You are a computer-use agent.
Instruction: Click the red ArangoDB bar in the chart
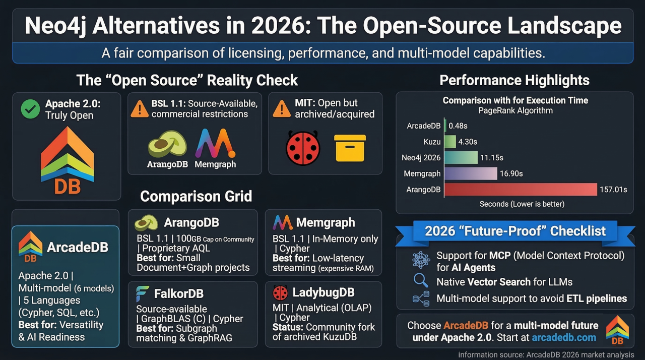(x=520, y=190)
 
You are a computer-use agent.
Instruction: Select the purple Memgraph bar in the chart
(x=471, y=173)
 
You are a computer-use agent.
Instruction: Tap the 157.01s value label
(x=613, y=190)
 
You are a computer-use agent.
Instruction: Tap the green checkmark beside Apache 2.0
(x=30, y=109)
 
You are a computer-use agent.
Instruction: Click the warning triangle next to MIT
(x=281, y=109)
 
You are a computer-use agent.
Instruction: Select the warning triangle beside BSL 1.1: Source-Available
(x=140, y=109)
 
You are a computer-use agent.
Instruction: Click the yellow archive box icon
(x=350, y=148)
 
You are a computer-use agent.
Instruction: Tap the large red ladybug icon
(x=303, y=148)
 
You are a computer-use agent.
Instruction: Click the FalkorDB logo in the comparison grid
(x=143, y=293)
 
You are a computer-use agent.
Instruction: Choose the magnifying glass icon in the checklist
(x=420, y=281)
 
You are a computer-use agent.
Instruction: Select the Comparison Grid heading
(x=196, y=196)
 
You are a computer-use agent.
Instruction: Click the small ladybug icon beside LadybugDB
(x=280, y=292)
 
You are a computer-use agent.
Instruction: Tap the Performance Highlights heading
(x=514, y=80)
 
